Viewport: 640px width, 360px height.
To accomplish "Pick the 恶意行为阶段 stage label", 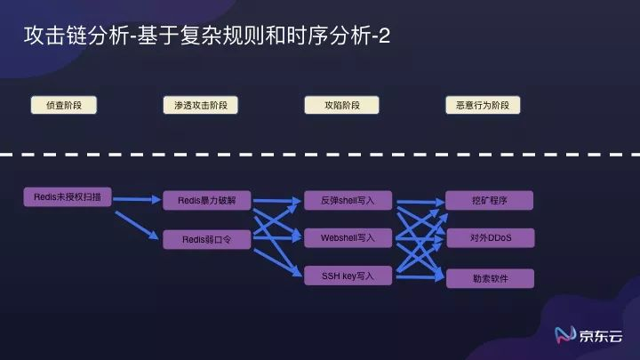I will pyautogui.click(x=482, y=105).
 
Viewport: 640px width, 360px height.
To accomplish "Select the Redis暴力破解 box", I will pyautogui.click(x=208, y=200).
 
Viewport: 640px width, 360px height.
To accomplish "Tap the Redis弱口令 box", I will pyautogui.click(x=208, y=238).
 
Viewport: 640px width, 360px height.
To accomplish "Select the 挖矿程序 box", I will pyautogui.click(x=489, y=200).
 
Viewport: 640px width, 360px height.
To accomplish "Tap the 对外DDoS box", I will pyautogui.click(x=489, y=238).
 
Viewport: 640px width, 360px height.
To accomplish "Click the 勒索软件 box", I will pyautogui.click(x=489, y=278).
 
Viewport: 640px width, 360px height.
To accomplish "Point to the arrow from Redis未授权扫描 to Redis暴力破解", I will pyautogui.click(x=138, y=199).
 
